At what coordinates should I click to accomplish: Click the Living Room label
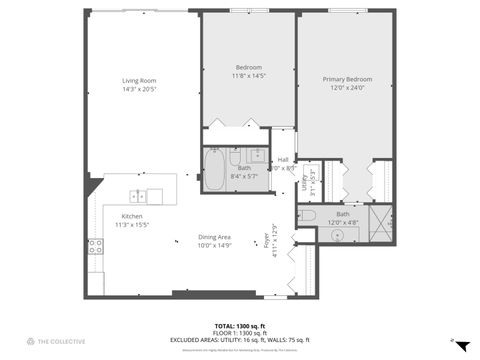point(140,80)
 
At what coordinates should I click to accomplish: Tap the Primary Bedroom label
point(346,78)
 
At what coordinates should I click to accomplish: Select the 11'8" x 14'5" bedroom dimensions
point(248,75)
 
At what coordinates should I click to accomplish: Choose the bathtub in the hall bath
point(214,170)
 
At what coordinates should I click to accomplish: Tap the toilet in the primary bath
point(308,215)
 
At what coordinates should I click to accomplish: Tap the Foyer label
point(266,245)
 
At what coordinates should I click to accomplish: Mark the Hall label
point(283,160)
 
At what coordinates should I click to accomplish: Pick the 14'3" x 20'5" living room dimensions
point(140,89)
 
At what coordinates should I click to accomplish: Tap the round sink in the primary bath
point(338,235)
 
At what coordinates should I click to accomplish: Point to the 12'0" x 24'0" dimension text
point(346,87)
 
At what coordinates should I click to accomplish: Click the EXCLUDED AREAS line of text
point(239,339)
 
